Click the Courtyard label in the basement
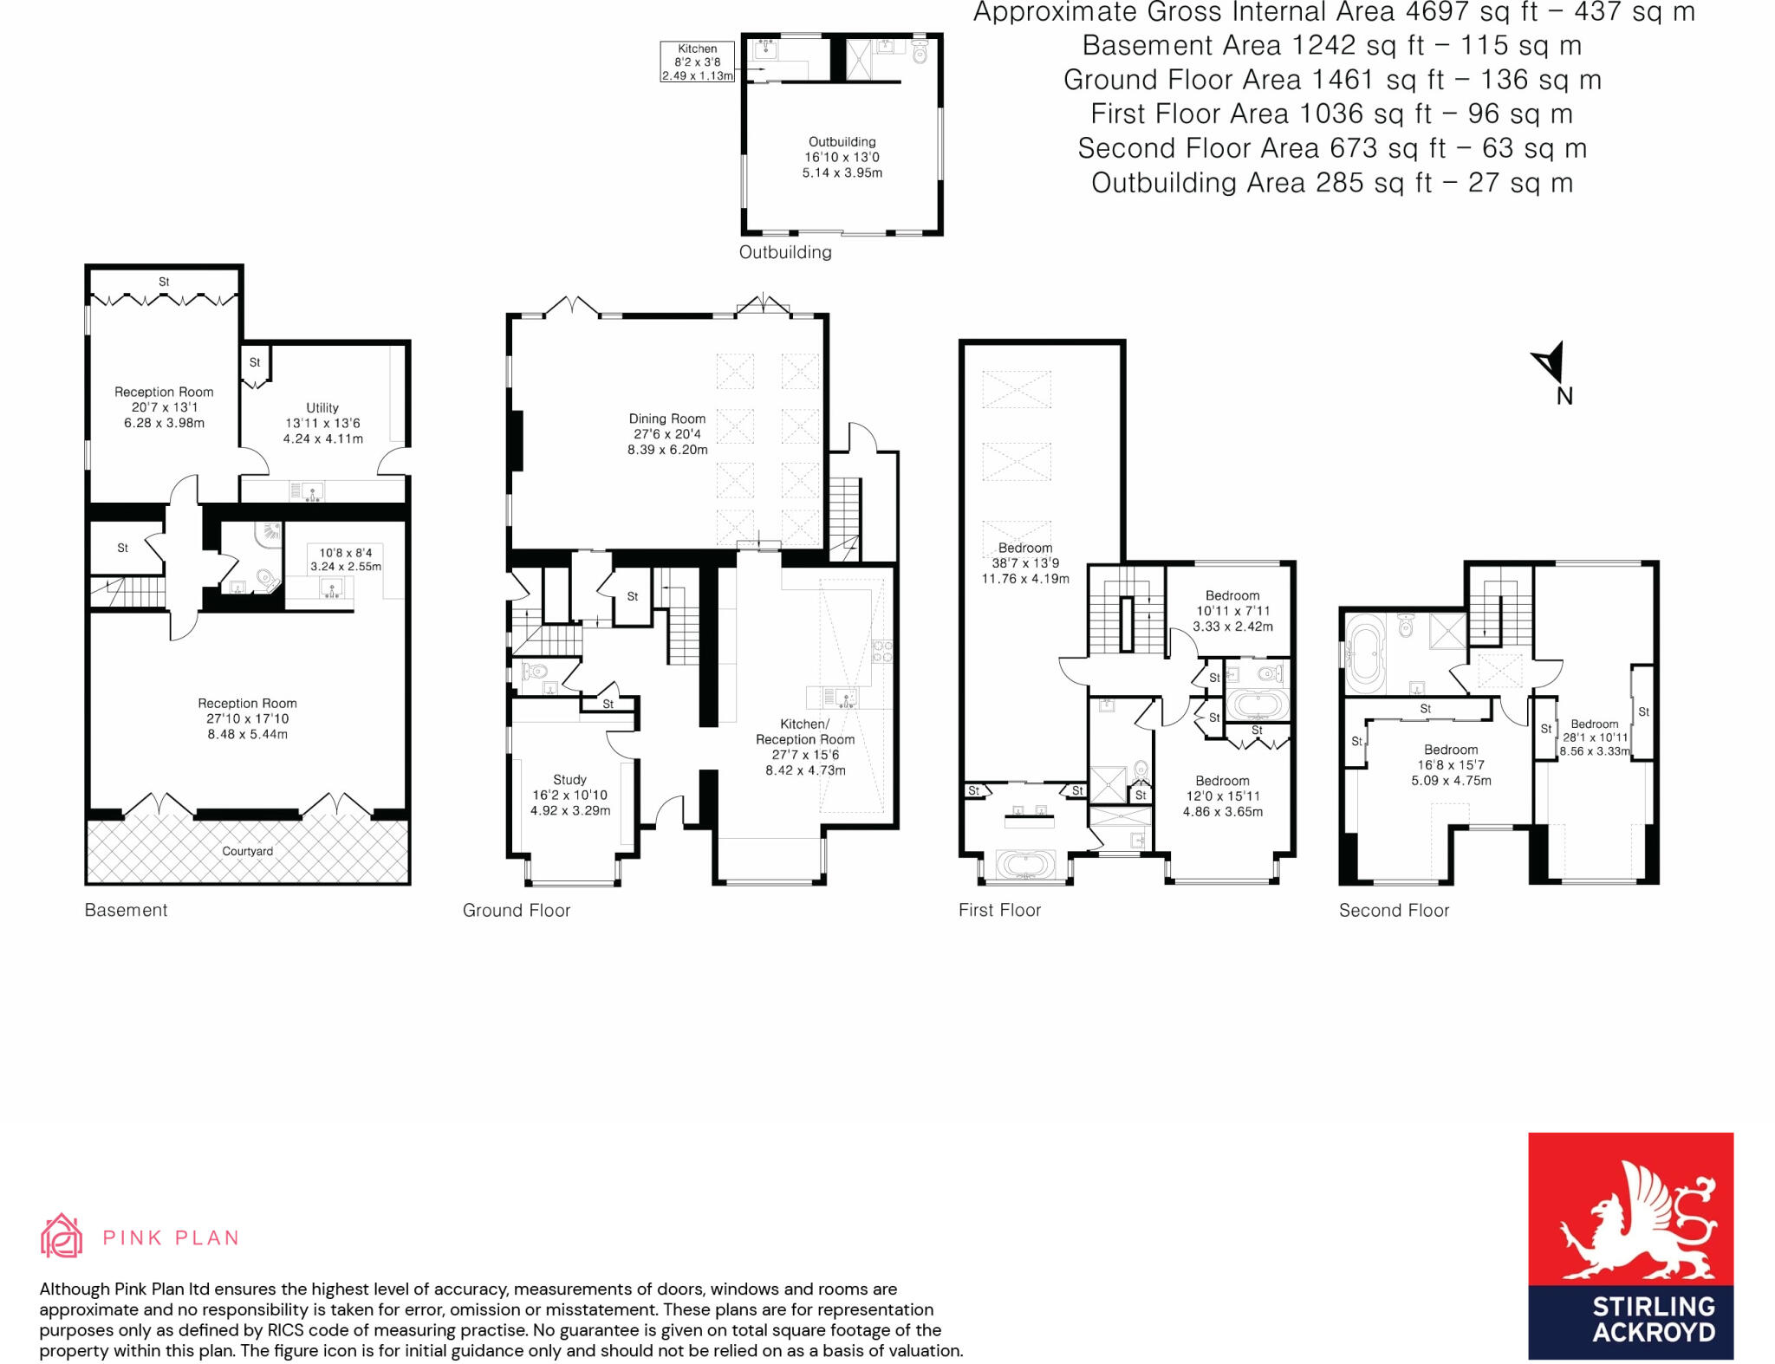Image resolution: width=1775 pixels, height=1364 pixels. point(247,851)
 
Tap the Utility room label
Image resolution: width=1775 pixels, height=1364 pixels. point(322,407)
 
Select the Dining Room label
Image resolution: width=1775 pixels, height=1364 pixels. point(667,419)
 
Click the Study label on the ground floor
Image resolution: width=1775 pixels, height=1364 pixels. point(569,780)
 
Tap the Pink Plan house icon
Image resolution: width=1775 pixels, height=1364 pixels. point(62,1236)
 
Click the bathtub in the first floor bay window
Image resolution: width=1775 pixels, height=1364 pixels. point(1025,865)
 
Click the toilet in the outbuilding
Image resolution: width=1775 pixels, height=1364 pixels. point(920,53)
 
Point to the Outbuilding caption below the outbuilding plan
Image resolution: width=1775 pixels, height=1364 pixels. point(785,252)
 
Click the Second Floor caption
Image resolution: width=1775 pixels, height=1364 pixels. point(1394,911)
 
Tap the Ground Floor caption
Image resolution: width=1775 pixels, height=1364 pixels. point(517,911)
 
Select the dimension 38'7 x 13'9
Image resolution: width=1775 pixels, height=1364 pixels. point(1025,563)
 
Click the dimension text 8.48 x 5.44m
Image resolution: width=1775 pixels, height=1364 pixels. point(247,734)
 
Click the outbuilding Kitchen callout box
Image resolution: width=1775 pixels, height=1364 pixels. point(697,62)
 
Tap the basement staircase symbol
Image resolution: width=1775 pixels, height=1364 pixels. point(127,593)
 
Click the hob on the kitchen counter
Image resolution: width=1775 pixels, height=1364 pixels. point(882,651)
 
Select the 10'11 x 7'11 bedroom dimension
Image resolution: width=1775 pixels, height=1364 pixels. point(1232,611)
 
